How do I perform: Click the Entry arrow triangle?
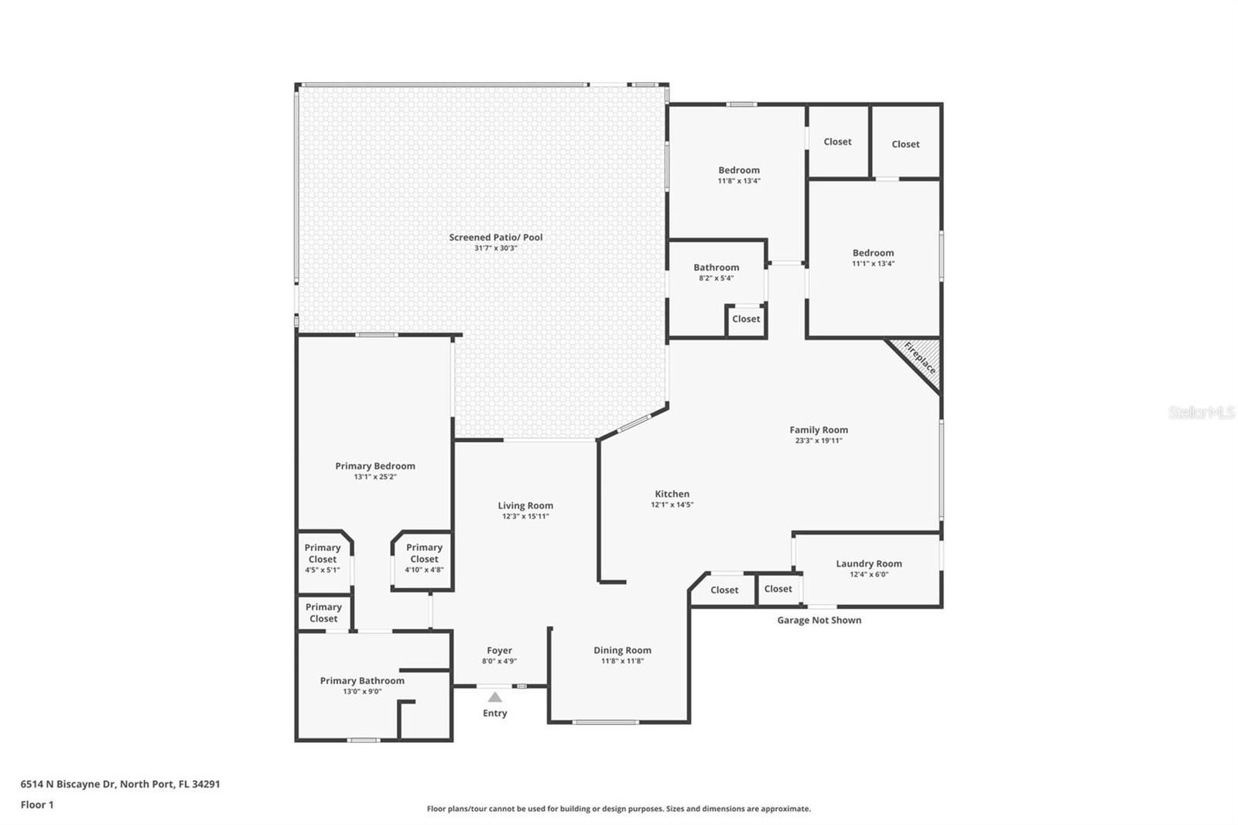[x=494, y=697]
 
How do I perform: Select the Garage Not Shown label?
[x=819, y=620]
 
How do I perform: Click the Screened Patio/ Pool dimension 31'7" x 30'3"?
[x=495, y=248]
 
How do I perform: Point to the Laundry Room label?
[x=868, y=563]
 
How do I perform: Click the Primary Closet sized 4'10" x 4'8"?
[x=424, y=558]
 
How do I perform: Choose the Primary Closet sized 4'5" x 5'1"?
[x=322, y=558]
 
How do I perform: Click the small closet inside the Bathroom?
[x=746, y=319]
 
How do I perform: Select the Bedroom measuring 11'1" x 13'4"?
[x=873, y=258]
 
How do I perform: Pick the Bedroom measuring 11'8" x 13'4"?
[x=739, y=175]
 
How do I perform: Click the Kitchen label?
[x=672, y=494]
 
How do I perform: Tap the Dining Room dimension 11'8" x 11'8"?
[x=622, y=661]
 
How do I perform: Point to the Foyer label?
[x=499, y=650]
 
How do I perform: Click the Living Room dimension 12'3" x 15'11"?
[x=525, y=516]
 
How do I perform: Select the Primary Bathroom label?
[x=362, y=680]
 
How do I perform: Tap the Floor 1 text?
[x=37, y=804]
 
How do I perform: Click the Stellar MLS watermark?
[x=1201, y=412]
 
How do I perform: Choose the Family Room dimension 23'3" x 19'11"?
[x=819, y=440]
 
